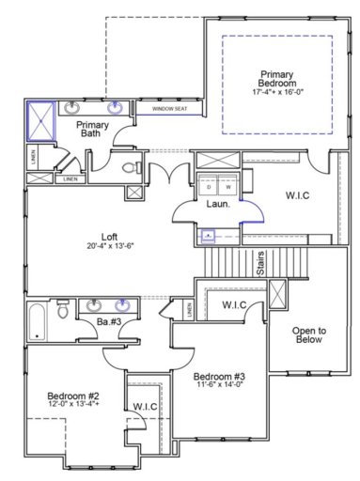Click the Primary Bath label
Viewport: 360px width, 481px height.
pos(93,130)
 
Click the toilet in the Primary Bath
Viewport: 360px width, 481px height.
pos(133,167)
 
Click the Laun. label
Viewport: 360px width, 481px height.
pos(219,204)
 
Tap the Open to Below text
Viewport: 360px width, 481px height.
pos(307,335)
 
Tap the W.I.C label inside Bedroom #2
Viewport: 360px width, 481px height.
pos(146,406)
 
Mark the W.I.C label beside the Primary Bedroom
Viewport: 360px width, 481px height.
pos(299,195)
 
